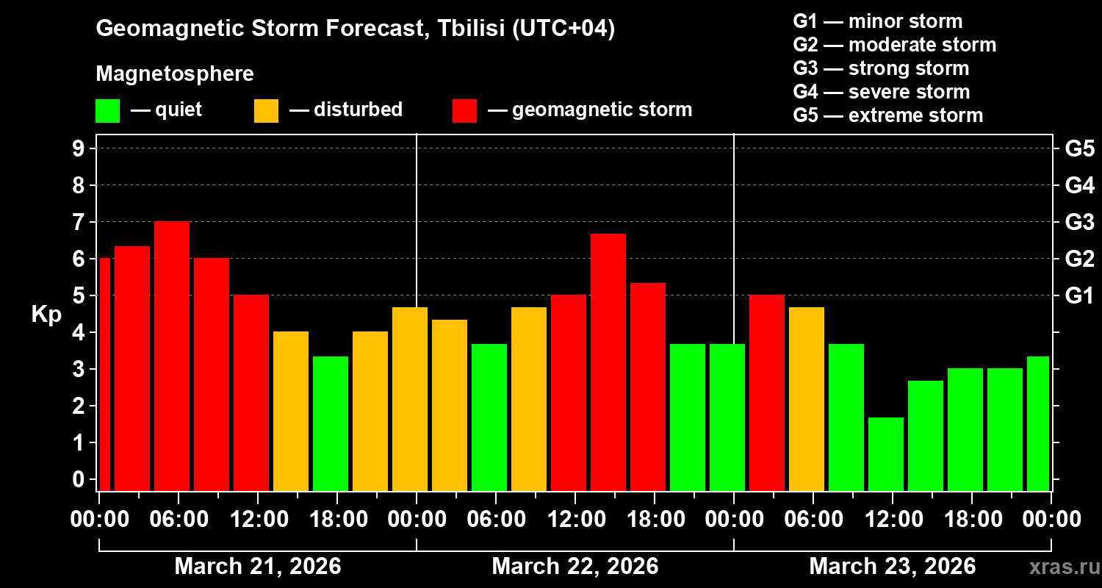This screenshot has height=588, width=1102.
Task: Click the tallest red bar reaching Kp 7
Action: [172, 356]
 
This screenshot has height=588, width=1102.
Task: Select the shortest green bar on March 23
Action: [886, 454]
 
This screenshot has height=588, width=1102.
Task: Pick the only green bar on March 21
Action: [331, 423]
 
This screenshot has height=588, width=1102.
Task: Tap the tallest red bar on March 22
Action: [608, 362]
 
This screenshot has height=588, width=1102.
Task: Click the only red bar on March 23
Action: [767, 392]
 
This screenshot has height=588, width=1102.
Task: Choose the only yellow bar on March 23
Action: [807, 398]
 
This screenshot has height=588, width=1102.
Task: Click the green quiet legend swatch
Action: [107, 111]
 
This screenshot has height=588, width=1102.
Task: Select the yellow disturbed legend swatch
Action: [266, 111]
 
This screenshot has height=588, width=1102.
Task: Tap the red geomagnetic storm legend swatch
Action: [464, 111]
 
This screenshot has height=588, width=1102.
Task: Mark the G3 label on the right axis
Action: [1079, 222]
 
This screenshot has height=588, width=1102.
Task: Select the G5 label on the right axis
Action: [1079, 148]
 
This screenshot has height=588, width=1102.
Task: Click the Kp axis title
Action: [46, 314]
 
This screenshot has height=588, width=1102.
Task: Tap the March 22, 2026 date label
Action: [575, 567]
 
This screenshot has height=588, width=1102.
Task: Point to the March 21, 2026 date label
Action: [257, 567]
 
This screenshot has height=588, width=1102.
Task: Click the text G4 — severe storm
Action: [882, 92]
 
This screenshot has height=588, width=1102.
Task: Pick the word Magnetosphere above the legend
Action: [175, 74]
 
